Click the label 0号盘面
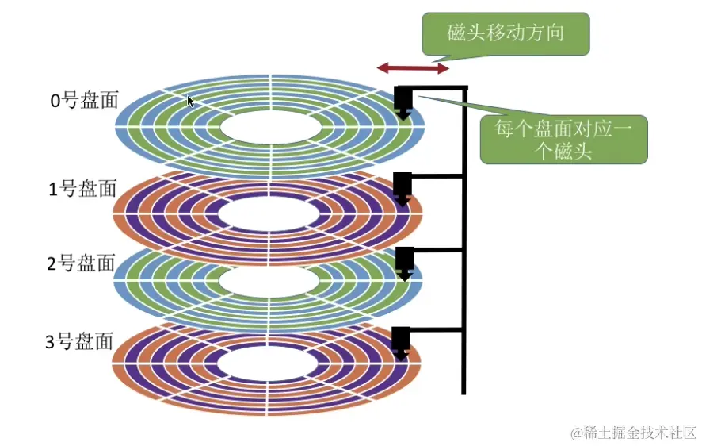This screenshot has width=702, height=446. (x=83, y=101)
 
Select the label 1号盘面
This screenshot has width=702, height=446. (x=82, y=189)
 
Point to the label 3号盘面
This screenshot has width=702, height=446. (x=81, y=342)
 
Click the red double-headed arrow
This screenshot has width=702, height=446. (x=407, y=69)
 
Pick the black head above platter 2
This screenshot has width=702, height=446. (x=404, y=261)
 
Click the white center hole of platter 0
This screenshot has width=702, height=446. (x=270, y=128)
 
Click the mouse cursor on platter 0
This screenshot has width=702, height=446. (x=190, y=101)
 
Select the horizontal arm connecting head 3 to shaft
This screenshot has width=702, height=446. (x=437, y=329)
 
